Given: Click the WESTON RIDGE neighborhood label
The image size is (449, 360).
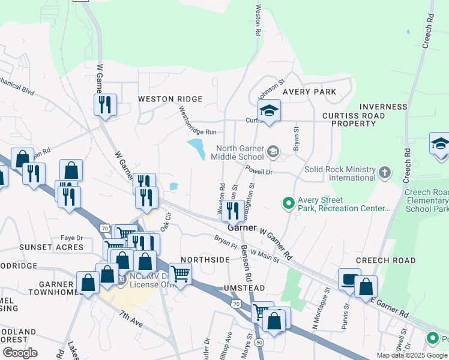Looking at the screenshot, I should tap(170, 99).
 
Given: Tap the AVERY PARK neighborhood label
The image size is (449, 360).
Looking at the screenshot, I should tap(309, 92).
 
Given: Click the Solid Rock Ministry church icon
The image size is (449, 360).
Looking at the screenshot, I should tap(384, 173).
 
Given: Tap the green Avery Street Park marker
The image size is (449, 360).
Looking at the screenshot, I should tap(289, 204).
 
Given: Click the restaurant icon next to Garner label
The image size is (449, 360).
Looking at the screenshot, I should tap(233, 210).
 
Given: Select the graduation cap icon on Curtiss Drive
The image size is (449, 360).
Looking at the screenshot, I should tap(269, 110).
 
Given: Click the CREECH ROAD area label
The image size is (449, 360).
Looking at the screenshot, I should tap(385, 260).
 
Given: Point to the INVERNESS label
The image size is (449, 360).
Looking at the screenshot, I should tap(384, 107).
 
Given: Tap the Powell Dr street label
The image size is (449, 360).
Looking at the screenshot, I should tap(259, 171).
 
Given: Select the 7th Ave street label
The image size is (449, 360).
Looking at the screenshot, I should tap(131, 319).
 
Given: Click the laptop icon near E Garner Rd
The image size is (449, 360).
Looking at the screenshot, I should tap(349, 279).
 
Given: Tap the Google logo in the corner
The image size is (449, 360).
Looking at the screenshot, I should tap(20, 353).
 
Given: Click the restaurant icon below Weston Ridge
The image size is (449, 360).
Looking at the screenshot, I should tap(106, 105).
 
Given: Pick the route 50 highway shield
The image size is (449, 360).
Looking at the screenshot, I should tap(259, 341).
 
